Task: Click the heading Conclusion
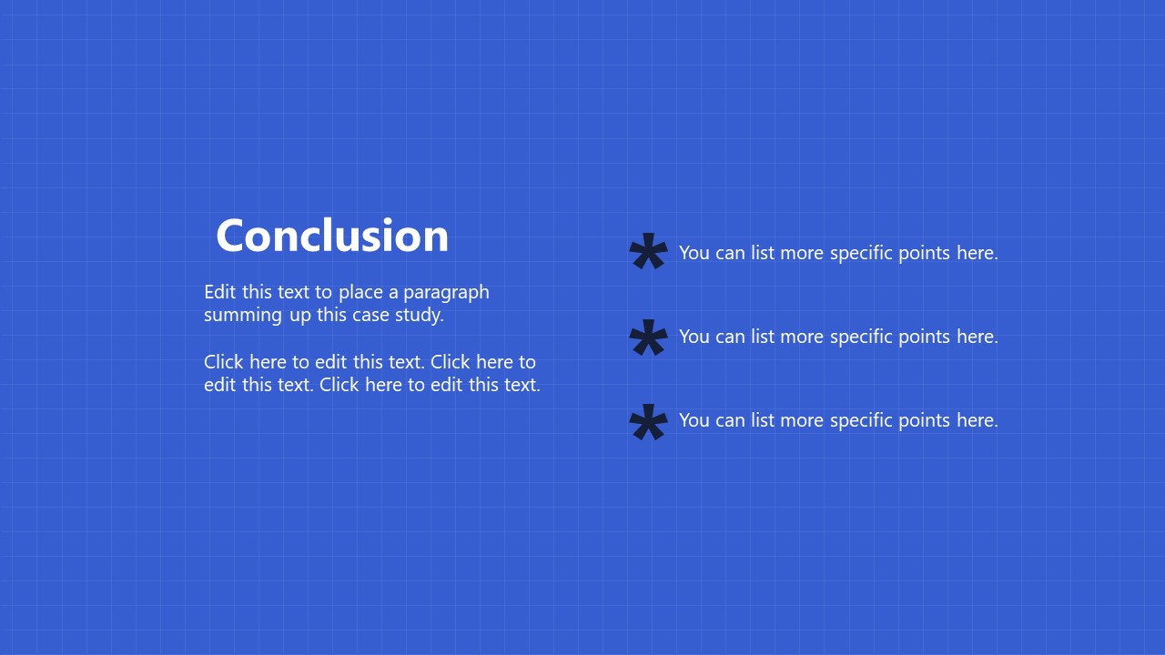[x=332, y=236]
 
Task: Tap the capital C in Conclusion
[x=229, y=236]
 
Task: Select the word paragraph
[x=446, y=293]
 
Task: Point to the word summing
[x=243, y=316]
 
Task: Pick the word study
[x=420, y=316]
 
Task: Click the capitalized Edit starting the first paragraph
[x=220, y=292]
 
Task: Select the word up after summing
[x=300, y=317]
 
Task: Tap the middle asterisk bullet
[x=648, y=337]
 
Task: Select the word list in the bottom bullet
[x=763, y=420]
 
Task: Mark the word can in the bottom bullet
[x=730, y=421]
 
